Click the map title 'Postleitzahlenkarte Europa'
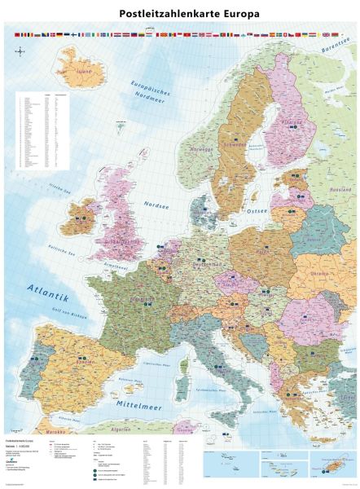click(178, 13)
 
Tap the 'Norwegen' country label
click(199, 152)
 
